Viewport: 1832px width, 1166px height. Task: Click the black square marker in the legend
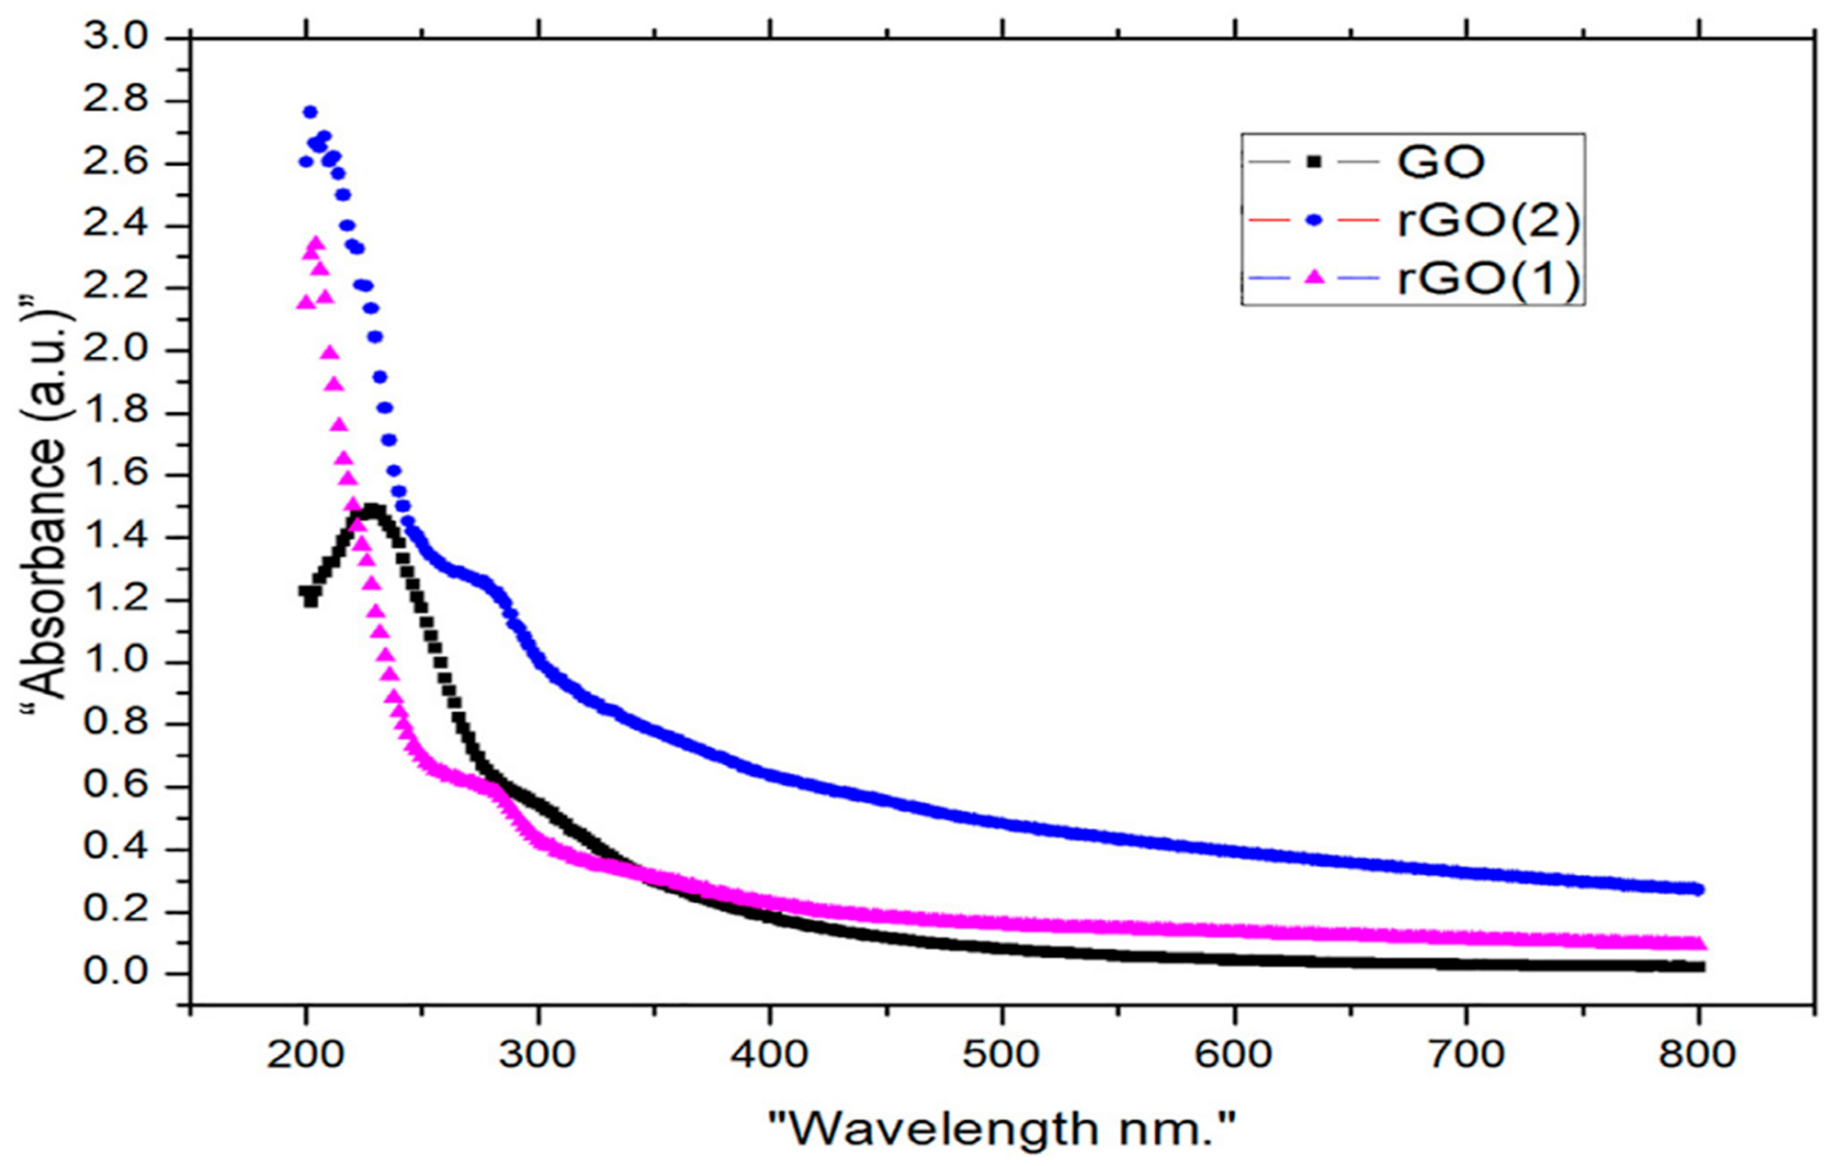1313,161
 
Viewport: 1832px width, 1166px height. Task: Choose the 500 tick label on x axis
1001,1054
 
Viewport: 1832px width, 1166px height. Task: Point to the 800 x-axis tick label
1697,1054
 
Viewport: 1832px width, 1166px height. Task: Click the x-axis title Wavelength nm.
1001,1128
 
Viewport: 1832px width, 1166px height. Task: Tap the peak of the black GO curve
372,508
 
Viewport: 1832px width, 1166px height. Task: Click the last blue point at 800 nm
1697,889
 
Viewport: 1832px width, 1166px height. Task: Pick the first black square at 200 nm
305,591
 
